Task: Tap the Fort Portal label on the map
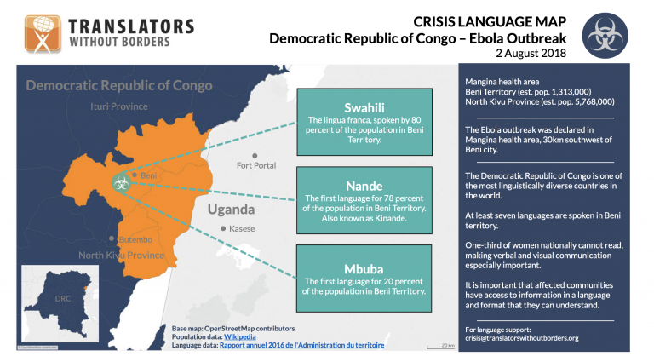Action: coord(256,164)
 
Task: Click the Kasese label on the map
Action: coord(242,229)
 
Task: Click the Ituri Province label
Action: coord(118,106)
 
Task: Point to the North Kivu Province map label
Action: coord(121,256)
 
